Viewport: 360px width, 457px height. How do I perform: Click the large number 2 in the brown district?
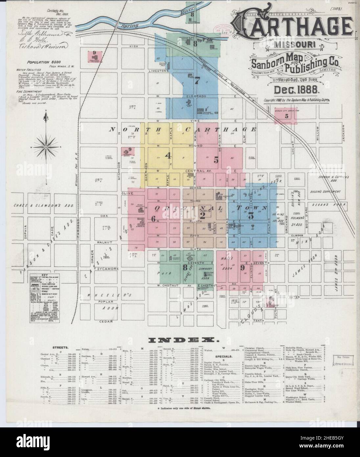[203, 216]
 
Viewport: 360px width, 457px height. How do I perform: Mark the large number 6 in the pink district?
[153, 219]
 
